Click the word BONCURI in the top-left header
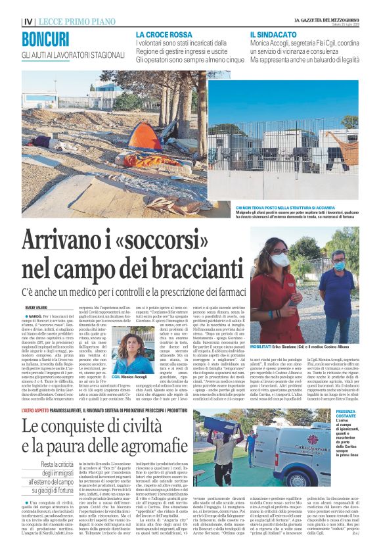pyautogui.click(x=45, y=39)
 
